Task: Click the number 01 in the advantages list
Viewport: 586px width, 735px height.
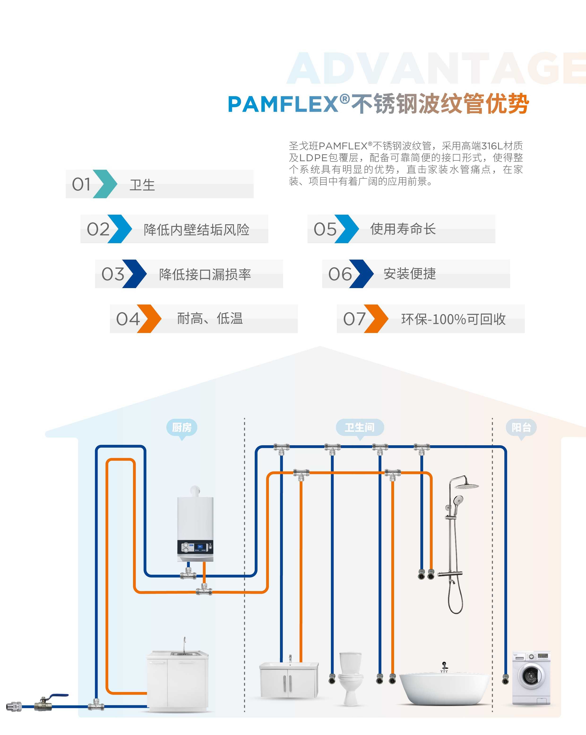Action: click(x=81, y=184)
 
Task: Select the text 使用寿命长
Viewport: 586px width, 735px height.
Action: click(x=403, y=229)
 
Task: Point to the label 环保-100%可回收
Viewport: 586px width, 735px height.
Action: click(x=453, y=319)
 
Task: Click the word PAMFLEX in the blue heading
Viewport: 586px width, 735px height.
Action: click(x=283, y=104)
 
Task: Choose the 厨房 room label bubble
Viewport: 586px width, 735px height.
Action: click(x=182, y=428)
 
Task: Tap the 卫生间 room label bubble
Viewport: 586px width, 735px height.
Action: click(x=360, y=428)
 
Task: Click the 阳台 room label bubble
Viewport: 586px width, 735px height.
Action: click(x=521, y=428)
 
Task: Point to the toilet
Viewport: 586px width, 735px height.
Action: click(x=350, y=679)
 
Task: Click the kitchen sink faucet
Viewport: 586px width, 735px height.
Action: click(x=185, y=644)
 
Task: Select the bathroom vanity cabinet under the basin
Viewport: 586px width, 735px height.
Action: click(x=289, y=682)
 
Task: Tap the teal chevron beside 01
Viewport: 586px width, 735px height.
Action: click(x=105, y=184)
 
